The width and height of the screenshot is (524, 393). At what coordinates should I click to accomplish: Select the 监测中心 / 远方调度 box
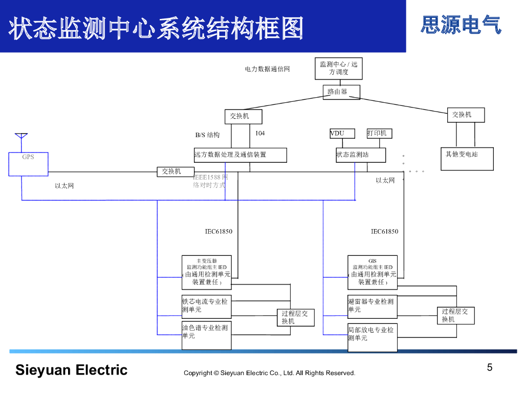coord(338,69)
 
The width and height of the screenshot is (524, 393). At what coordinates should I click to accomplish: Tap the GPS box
coord(28,164)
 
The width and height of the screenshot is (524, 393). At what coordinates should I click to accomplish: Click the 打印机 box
coord(379,134)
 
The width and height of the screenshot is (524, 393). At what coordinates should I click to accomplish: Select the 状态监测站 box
coord(360,155)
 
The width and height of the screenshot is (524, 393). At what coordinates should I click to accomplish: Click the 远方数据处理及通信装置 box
coord(240,155)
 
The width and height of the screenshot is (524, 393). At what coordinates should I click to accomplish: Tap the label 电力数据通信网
coord(267,69)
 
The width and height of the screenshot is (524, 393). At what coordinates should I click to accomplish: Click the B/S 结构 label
coord(207,135)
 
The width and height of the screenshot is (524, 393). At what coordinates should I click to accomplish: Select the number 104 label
coord(260,133)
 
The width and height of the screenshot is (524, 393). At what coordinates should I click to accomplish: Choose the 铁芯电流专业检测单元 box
coord(207,307)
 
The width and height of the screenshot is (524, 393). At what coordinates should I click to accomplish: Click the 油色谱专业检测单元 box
coord(207,336)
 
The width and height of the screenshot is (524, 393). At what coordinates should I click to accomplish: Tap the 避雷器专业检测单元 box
coord(372,307)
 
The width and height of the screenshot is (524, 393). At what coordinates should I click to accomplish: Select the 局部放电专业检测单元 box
coord(372,337)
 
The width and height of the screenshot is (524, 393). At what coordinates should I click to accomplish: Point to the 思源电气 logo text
coord(461,25)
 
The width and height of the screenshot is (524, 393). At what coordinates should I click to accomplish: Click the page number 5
coord(490,367)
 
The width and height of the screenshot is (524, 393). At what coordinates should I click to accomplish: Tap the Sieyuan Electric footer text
coord(71,370)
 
